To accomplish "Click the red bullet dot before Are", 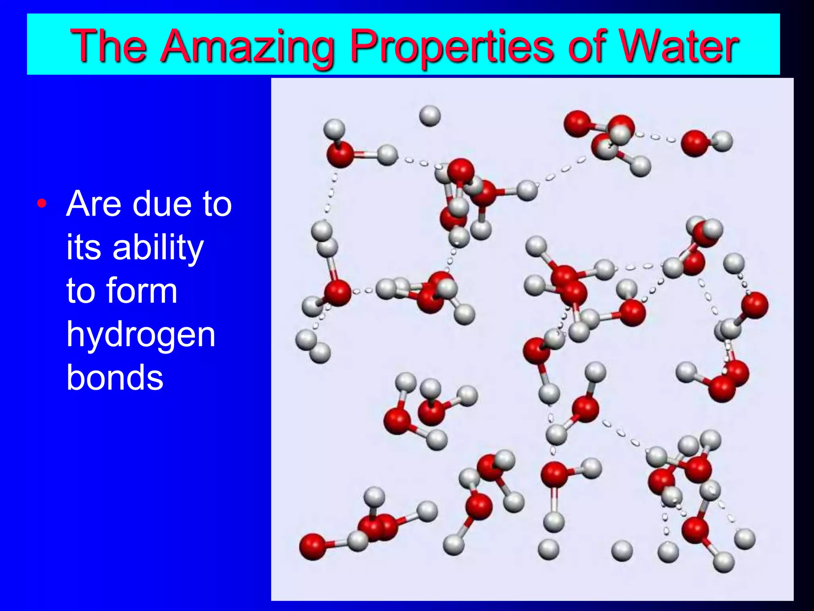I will tap(42, 204).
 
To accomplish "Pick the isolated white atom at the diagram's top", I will tap(430, 116).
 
